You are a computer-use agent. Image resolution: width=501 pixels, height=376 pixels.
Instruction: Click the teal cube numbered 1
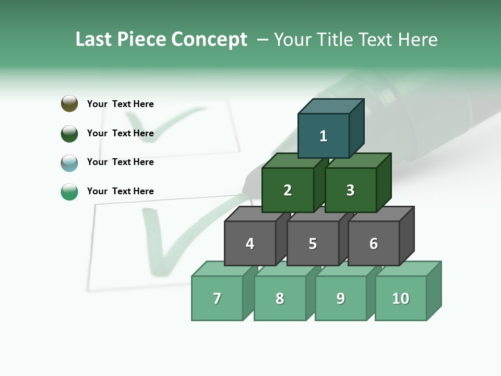tap(324, 136)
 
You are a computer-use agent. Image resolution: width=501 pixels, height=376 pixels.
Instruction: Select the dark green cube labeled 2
tap(288, 190)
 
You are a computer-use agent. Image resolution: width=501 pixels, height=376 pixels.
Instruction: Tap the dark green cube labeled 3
tap(350, 190)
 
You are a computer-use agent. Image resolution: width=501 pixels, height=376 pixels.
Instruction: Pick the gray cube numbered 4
tap(250, 243)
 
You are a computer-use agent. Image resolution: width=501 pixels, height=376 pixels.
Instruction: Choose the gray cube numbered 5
tap(313, 243)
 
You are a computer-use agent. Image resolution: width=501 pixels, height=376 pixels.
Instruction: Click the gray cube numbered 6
tap(374, 243)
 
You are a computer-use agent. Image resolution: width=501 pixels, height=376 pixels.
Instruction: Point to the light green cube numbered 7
tap(217, 298)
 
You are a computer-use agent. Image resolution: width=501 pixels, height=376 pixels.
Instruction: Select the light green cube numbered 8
tap(280, 298)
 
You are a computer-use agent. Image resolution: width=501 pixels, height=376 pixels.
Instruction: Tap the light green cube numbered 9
tap(340, 298)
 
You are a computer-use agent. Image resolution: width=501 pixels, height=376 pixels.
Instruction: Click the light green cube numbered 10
tap(401, 298)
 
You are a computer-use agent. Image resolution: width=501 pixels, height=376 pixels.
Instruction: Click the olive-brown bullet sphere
tap(69, 103)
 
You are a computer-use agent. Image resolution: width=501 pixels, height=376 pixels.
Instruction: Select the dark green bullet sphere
tap(69, 133)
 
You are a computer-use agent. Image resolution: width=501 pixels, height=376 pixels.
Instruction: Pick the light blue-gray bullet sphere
tap(69, 162)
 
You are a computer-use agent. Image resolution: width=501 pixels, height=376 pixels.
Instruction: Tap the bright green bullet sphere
tap(69, 192)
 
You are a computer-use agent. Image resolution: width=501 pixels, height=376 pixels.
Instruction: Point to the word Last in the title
tap(94, 40)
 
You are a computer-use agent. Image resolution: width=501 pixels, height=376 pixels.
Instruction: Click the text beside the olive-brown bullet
tap(120, 104)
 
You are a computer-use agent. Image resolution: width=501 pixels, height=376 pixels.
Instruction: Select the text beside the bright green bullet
tap(120, 191)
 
